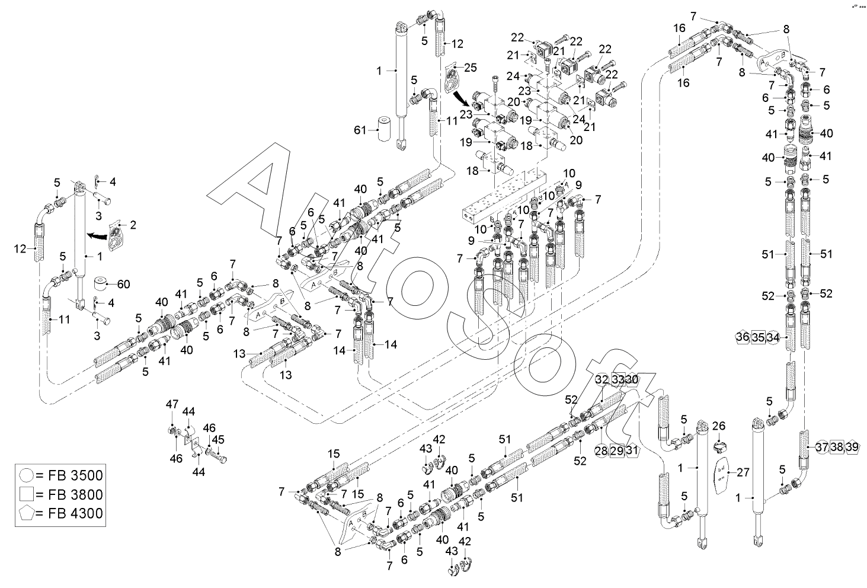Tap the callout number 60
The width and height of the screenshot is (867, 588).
123,284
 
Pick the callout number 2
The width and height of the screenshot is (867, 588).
133,225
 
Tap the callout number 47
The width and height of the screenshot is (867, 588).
172,404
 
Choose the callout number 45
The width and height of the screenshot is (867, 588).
219,439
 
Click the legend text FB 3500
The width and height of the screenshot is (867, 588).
69,475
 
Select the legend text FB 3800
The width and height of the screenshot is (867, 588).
69,494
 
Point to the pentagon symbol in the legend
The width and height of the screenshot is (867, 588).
26,513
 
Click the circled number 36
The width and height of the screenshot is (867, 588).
742,337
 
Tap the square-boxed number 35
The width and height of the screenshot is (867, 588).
757,337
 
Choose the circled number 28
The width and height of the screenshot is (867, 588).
601,451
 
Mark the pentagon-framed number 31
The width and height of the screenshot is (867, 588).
632,451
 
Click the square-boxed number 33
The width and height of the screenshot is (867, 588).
618,379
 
